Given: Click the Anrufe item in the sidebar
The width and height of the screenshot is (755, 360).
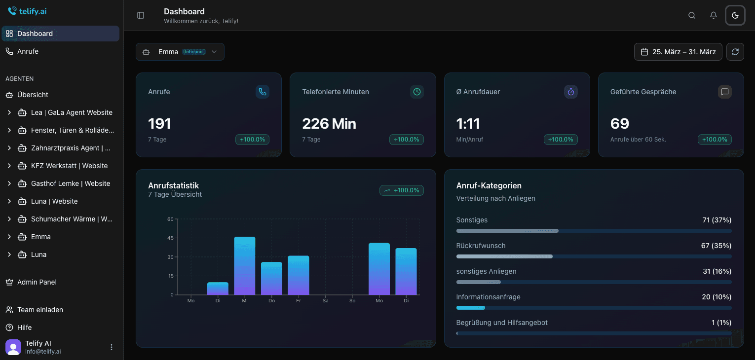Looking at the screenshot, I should [28, 51].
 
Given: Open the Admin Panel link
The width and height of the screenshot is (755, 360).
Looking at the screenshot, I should [37, 282].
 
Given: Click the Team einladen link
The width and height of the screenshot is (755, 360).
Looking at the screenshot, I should [40, 310].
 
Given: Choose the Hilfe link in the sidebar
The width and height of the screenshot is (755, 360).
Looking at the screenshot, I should [24, 327].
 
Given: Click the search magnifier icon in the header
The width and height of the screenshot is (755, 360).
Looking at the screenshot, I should [692, 15].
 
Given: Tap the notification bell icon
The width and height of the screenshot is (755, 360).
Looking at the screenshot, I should [714, 15].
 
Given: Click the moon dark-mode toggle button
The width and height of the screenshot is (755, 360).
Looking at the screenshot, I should [735, 15].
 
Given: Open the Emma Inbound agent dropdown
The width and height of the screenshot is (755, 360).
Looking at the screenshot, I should [180, 52].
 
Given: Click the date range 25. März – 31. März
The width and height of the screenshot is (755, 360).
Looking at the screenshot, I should [678, 52].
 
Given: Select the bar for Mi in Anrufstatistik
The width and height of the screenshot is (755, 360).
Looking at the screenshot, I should [245, 266].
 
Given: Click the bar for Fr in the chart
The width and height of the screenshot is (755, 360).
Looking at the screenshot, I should [299, 275].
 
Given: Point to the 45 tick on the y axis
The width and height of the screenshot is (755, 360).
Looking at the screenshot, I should [170, 238].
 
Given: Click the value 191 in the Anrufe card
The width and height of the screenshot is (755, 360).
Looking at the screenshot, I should [159, 123].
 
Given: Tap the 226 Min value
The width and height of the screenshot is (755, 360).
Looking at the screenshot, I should [329, 123].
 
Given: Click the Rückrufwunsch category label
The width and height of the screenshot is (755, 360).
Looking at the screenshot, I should [481, 246].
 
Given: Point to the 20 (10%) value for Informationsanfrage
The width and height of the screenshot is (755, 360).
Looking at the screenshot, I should [717, 297].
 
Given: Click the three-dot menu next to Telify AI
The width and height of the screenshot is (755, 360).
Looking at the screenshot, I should [112, 347].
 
